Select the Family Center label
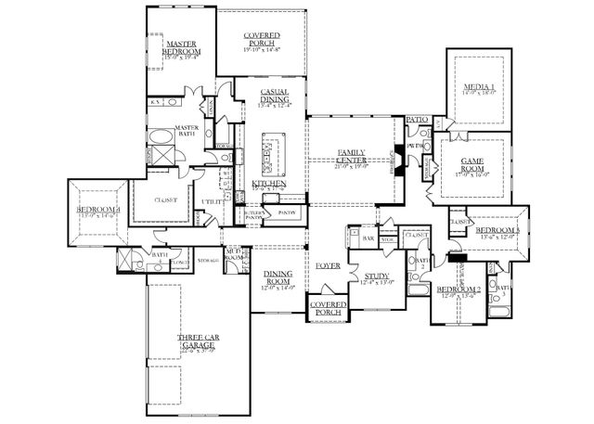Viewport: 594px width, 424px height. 350,156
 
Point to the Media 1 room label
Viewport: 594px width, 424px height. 480,88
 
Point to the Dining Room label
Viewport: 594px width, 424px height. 278,277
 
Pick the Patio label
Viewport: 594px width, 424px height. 417,120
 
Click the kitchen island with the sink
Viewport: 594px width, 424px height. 272,154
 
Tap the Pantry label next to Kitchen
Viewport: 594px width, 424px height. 284,210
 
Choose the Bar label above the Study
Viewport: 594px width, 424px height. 368,238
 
